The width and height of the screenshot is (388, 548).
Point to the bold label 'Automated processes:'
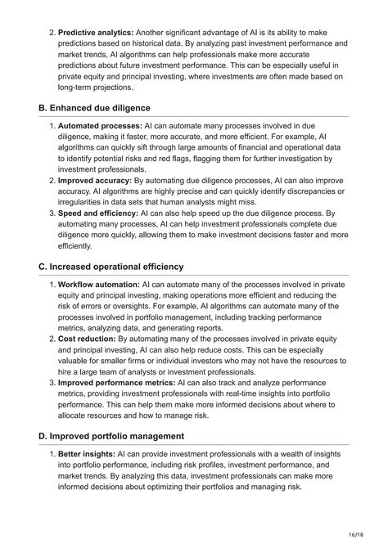100,126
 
